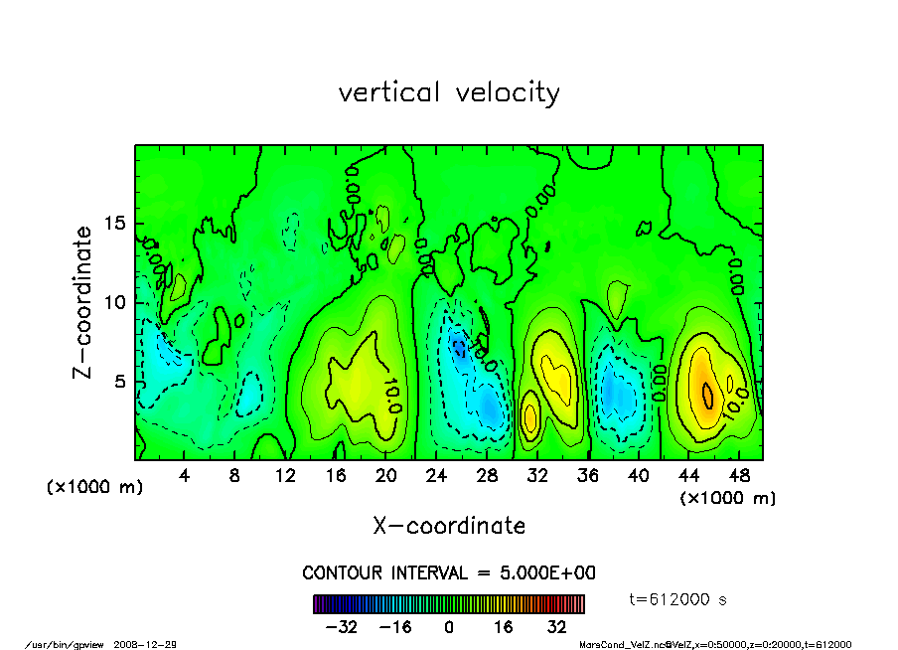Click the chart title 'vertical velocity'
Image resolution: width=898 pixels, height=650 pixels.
449,92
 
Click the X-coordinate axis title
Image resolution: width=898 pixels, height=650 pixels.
449,526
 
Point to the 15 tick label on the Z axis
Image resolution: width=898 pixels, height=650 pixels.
116,224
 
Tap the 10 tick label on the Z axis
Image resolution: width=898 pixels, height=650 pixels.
116,302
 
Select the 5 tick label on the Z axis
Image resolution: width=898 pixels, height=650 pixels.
121,382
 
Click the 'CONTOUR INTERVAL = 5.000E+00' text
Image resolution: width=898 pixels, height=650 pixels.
449,573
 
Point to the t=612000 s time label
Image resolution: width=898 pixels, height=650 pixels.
679,599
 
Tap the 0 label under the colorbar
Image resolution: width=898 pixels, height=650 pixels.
449,627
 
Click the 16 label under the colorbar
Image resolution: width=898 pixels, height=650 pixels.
503,627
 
